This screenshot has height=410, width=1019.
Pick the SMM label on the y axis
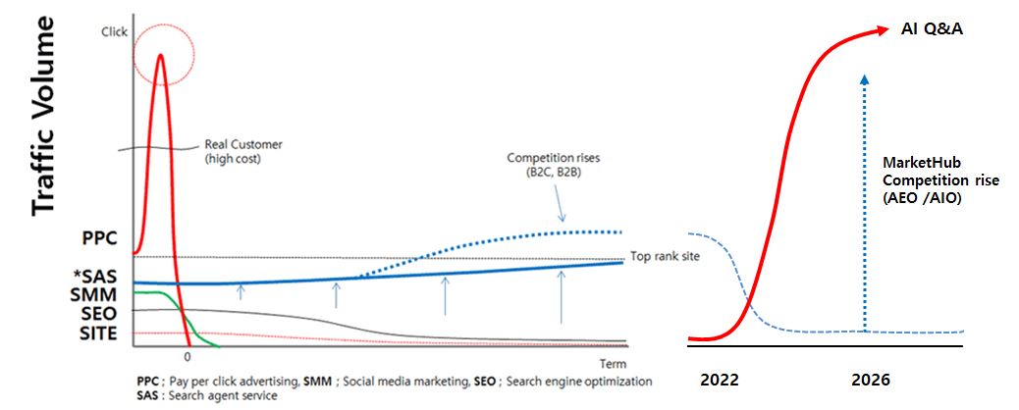click(98, 296)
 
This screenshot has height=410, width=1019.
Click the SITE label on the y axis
click(99, 334)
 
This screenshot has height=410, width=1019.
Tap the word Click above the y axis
click(115, 31)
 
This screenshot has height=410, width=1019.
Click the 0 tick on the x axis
click(188, 358)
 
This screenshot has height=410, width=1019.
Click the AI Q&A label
click(932, 29)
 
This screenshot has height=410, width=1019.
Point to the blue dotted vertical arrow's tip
click(863, 75)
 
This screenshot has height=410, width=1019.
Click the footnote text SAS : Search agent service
click(207, 395)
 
